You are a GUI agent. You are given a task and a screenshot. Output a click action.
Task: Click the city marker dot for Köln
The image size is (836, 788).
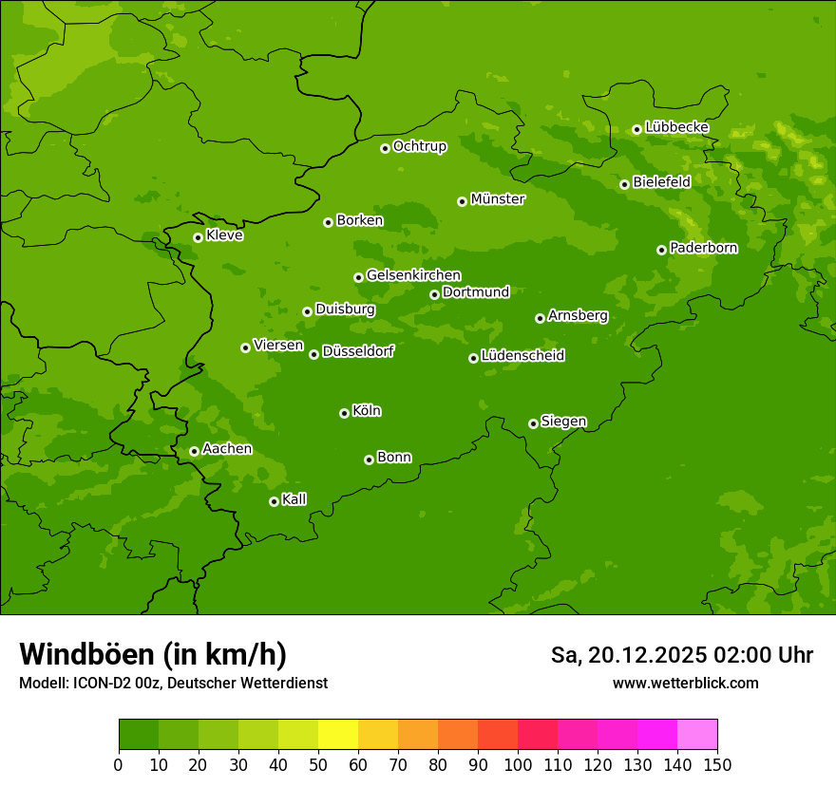point(344,413)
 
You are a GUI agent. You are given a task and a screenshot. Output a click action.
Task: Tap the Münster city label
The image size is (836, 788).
point(497,199)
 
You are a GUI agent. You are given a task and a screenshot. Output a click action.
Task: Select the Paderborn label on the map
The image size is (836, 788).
point(703,248)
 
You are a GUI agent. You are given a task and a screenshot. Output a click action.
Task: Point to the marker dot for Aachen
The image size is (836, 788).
point(194,451)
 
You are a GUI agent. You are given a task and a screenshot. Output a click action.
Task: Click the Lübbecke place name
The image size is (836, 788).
point(676,127)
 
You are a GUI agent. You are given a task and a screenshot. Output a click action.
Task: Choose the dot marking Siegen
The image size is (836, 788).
point(533,423)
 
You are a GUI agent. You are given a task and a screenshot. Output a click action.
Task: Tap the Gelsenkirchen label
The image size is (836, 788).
point(413,275)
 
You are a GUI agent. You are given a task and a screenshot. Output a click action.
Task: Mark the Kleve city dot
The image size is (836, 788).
point(198,237)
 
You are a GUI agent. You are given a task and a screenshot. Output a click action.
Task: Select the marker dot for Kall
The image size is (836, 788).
point(274,501)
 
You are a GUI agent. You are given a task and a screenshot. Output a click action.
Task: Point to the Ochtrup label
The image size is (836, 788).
point(419,146)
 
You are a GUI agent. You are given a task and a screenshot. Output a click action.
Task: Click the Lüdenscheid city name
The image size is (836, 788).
point(522,356)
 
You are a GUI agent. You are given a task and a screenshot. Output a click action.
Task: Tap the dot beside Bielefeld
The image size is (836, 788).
point(624,184)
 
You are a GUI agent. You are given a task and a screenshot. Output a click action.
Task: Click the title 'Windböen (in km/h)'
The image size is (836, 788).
point(153,654)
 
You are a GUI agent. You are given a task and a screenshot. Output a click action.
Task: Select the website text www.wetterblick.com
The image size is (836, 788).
point(685,683)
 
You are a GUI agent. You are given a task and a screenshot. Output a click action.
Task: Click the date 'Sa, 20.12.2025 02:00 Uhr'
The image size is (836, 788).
point(681,655)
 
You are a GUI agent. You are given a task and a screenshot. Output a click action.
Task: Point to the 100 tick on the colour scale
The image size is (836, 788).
point(518,765)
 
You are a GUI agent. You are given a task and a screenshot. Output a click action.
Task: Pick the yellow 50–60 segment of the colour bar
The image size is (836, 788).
point(338,735)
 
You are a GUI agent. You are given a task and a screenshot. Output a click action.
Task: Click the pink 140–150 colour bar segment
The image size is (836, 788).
point(697,735)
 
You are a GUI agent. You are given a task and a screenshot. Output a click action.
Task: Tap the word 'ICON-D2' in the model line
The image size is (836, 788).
point(99,684)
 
